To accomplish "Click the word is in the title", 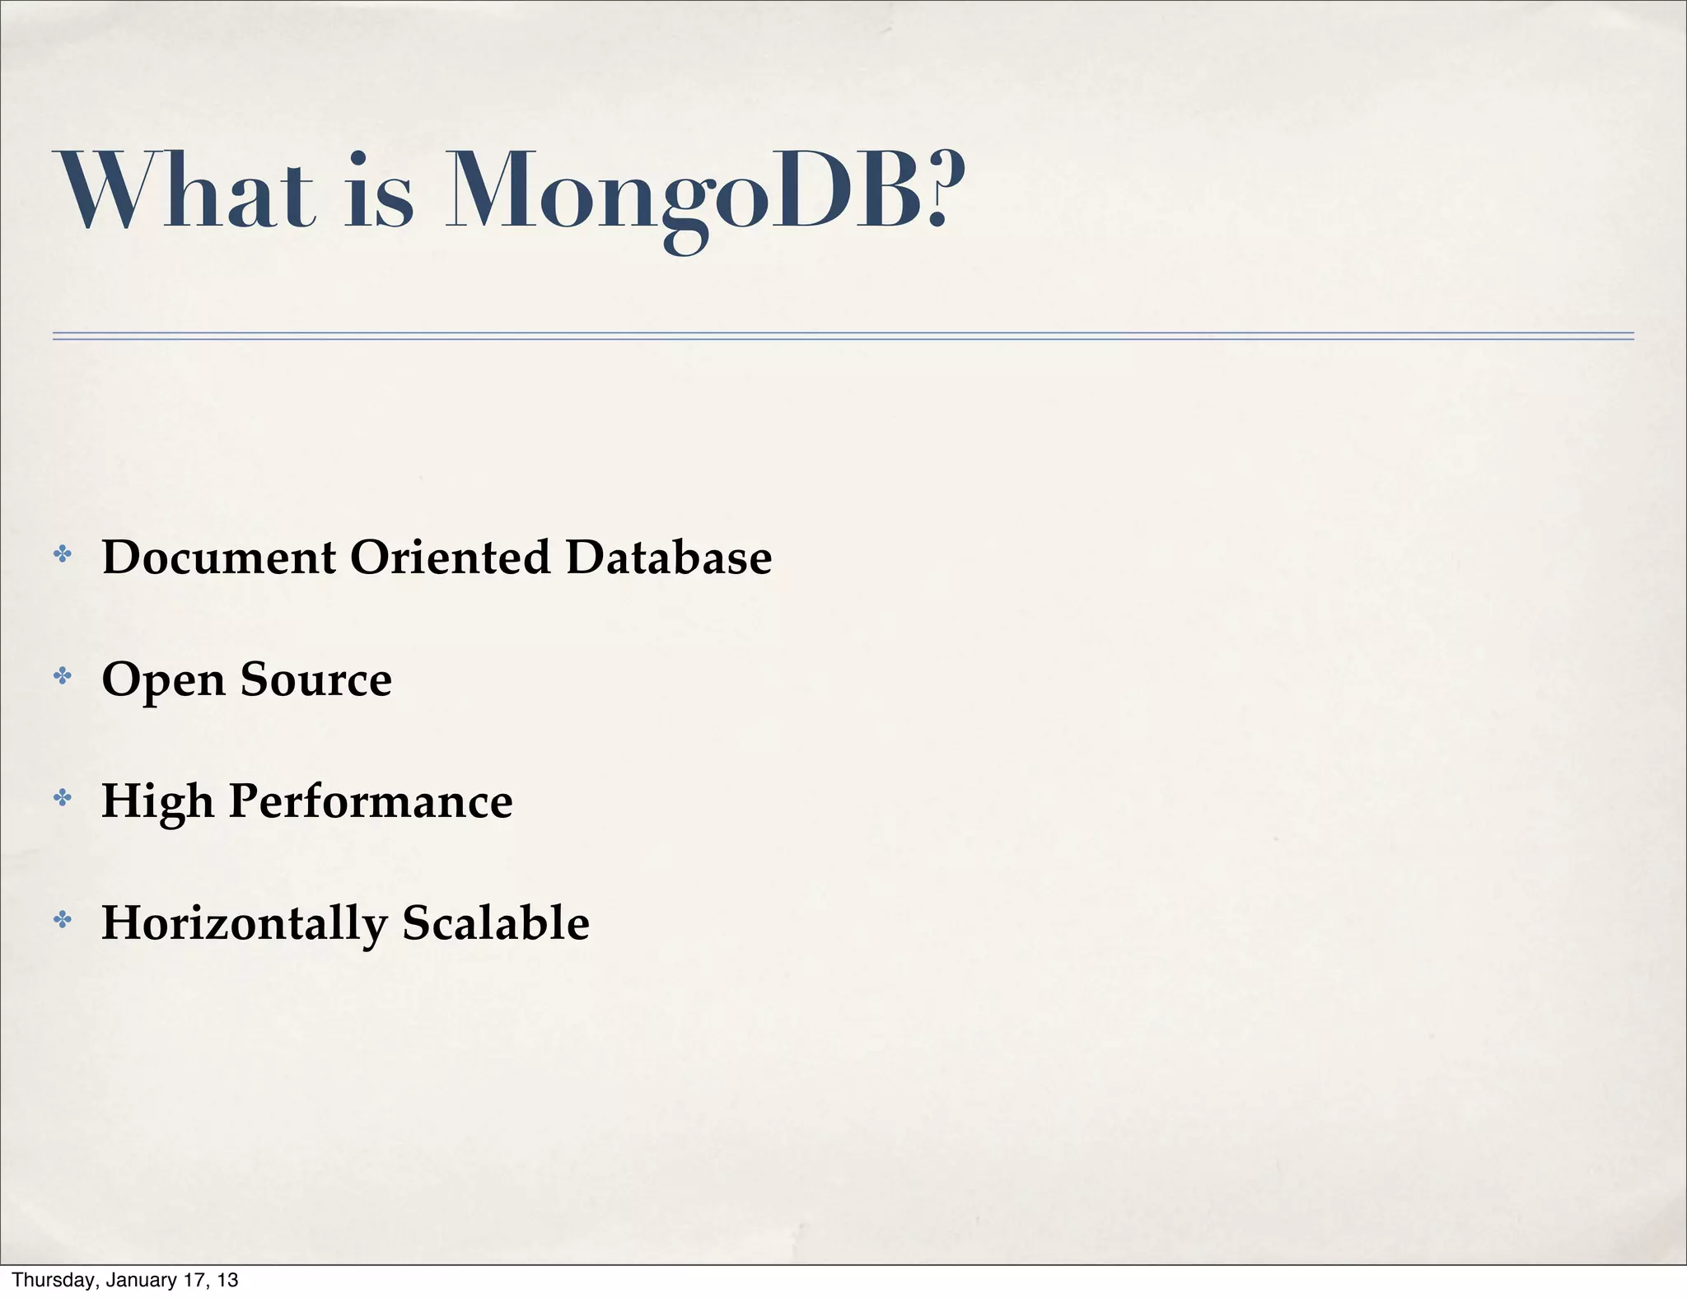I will click(378, 191).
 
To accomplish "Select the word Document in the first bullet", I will click(218, 557).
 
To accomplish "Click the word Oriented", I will click(450, 557).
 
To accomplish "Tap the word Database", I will click(669, 557).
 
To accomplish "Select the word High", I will click(157, 801).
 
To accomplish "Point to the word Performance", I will click(371, 801).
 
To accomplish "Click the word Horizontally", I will click(244, 923).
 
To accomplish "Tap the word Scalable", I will click(496, 922).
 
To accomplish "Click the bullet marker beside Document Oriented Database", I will click(62, 554).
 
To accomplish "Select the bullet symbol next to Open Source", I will click(62, 676).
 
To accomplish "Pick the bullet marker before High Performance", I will click(62, 797).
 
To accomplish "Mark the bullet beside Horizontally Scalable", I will click(62, 919).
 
